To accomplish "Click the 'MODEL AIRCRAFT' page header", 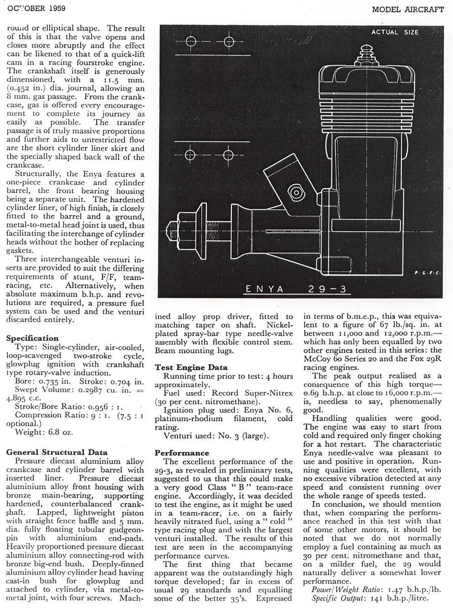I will click(x=411, y=9).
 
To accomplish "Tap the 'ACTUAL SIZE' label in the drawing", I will click(x=395, y=32).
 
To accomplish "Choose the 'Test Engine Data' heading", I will click(x=191, y=367).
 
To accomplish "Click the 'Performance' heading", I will click(x=182, y=452).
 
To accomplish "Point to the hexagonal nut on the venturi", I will click(x=295, y=192).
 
